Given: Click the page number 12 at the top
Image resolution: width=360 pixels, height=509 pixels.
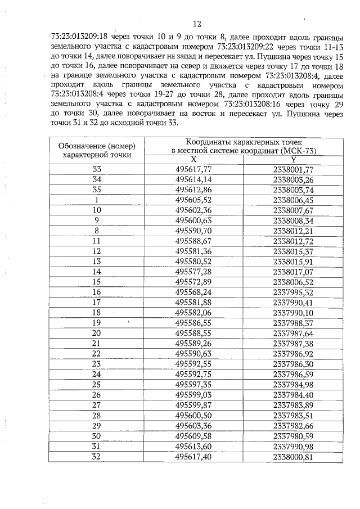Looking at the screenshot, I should (196, 24).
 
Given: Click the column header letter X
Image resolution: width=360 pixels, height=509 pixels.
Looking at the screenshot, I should (193, 160).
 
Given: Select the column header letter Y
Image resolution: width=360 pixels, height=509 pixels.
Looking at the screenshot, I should (292, 160).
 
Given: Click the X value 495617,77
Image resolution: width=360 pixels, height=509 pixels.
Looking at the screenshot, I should (193, 169).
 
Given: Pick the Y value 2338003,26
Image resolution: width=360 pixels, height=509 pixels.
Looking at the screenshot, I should (292, 179).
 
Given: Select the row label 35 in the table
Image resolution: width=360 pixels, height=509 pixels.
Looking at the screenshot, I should (97, 190).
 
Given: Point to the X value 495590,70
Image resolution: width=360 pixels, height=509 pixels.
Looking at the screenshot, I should (193, 231).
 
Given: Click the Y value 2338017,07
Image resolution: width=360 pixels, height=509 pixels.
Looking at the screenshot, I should (292, 271).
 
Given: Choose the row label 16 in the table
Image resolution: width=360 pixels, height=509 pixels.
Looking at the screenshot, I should (97, 292).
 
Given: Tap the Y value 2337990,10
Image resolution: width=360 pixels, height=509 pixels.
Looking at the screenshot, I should (292, 312).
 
